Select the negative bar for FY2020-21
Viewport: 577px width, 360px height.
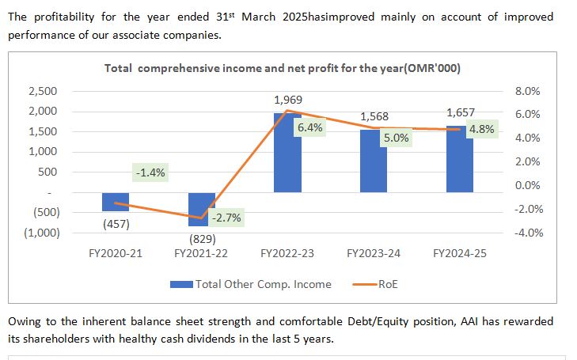click(x=115, y=202)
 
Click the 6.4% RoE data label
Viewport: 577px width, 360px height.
click(x=310, y=127)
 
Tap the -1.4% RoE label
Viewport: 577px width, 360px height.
click(x=150, y=172)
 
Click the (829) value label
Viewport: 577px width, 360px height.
click(x=202, y=238)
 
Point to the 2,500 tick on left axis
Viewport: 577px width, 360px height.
click(x=42, y=92)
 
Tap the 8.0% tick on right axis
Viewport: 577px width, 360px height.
click(x=527, y=92)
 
